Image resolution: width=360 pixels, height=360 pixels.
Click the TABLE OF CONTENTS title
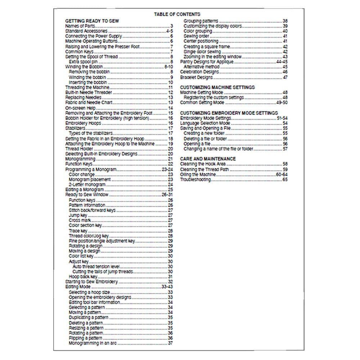coord(177,14)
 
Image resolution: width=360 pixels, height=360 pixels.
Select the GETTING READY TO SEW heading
coord(92,21)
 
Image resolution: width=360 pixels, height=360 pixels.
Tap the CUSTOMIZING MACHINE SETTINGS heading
coord(217,87)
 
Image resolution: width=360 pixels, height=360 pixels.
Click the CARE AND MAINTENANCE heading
coord(208,158)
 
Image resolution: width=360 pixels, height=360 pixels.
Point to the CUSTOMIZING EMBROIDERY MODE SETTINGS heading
coord(229,113)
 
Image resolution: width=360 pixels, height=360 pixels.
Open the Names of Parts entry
coord(80,26)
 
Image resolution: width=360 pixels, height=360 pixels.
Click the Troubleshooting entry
coord(195,179)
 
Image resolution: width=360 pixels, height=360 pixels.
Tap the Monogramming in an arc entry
coord(93,343)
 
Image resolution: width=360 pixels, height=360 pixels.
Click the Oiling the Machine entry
coord(198,174)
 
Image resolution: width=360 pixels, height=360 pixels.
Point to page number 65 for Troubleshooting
coord(285,179)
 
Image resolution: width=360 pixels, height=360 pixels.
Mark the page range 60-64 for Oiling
coord(282,174)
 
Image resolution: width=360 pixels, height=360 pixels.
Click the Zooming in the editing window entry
coord(212,57)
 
